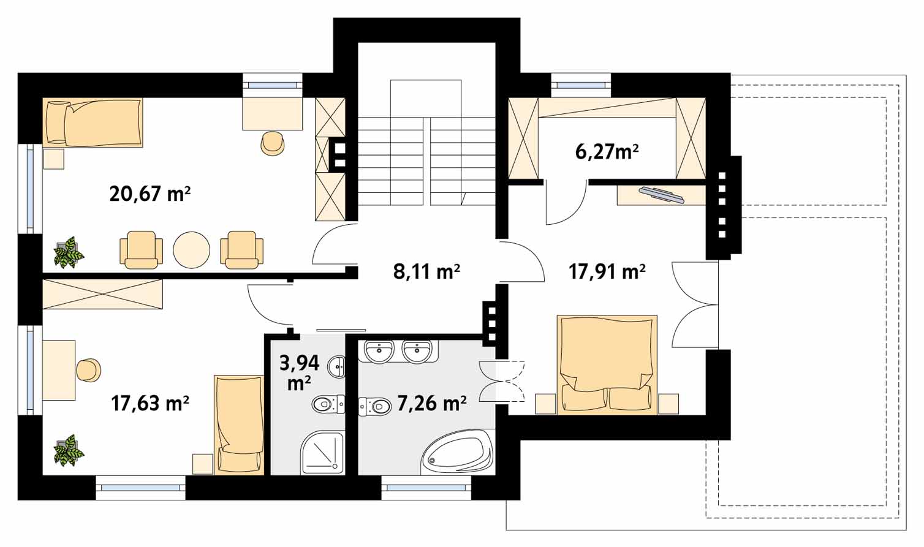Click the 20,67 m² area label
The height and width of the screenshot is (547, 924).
[150, 194]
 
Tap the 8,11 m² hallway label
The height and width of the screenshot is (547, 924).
[426, 272]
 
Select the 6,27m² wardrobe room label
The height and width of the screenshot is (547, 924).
[607, 152]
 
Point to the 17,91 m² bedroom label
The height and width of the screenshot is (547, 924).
[607, 272]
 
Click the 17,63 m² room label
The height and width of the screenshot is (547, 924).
[150, 403]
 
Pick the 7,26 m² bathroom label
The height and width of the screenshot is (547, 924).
[432, 403]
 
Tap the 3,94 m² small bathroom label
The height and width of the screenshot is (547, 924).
[299, 373]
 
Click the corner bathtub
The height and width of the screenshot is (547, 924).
[457, 452]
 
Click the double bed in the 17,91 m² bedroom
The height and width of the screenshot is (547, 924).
[607, 364]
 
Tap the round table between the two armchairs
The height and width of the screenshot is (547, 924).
[191, 249]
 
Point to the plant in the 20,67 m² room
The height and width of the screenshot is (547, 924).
[69, 252]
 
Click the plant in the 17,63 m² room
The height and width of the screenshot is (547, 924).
[69, 450]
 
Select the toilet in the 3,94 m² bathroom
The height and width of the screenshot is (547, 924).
[328, 404]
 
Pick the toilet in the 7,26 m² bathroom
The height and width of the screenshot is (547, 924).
[375, 407]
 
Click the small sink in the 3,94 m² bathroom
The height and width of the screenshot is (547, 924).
[336, 366]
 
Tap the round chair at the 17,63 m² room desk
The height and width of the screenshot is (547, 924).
[89, 370]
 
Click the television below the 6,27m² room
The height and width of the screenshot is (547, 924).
[662, 195]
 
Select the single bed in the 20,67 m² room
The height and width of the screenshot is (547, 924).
[93, 123]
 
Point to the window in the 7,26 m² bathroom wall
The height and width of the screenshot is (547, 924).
[426, 488]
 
